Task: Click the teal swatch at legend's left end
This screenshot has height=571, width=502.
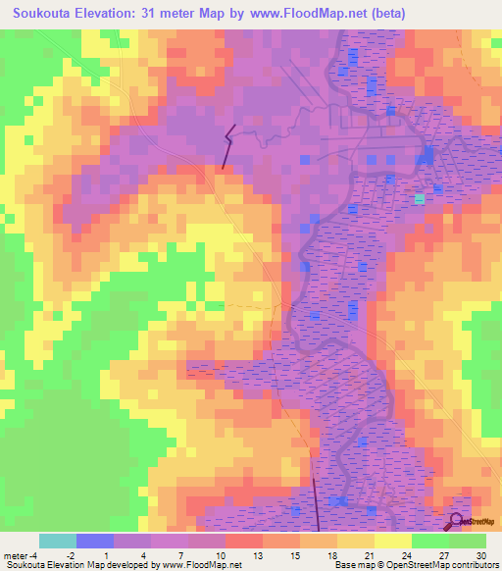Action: click(x=58, y=541)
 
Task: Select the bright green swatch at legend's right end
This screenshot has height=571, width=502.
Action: click(x=468, y=541)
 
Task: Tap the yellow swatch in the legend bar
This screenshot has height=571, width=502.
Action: click(x=393, y=541)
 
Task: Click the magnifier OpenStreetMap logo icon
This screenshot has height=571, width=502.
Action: click(x=455, y=521)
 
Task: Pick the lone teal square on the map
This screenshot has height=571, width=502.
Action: click(x=420, y=198)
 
